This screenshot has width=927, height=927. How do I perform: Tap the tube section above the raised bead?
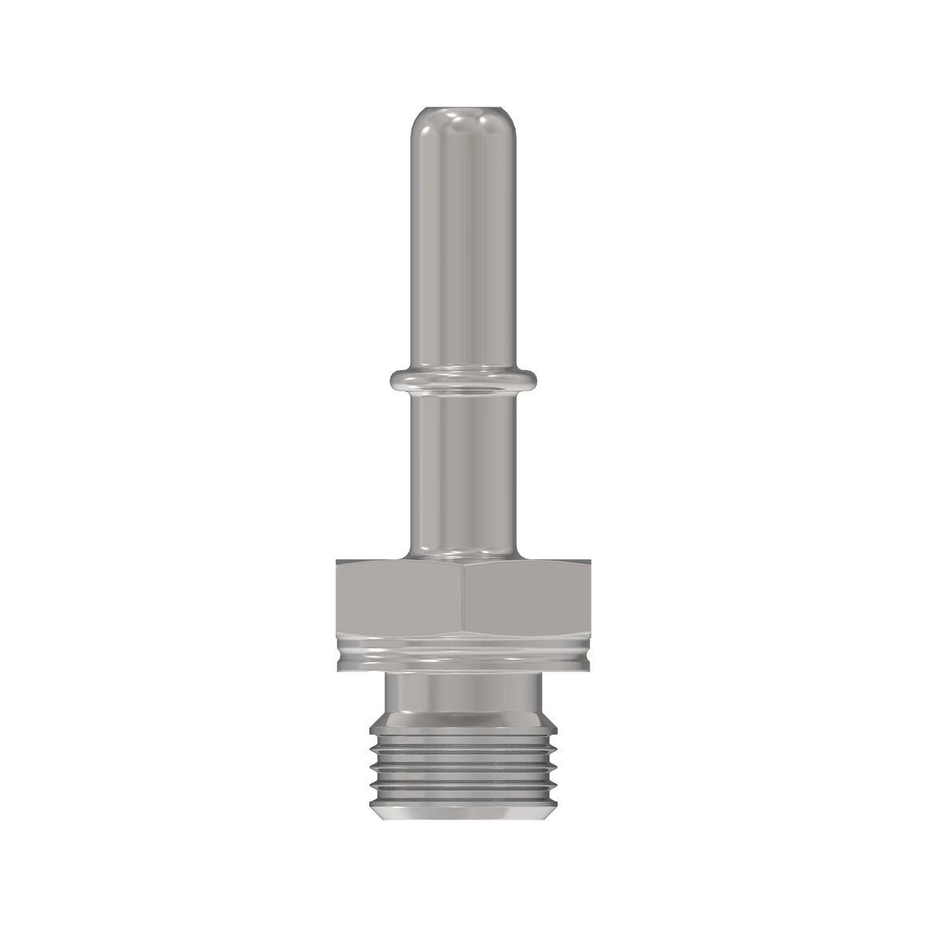click(x=463, y=247)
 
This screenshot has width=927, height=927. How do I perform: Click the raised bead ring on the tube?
click(x=463, y=378)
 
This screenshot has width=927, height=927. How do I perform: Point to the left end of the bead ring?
click(x=395, y=378)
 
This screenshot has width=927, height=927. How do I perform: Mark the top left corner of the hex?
click(x=338, y=562)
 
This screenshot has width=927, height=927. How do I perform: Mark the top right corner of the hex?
click(x=590, y=562)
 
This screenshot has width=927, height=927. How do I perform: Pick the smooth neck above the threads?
click(x=463, y=691)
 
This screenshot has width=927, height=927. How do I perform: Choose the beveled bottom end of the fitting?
click(x=463, y=813)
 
